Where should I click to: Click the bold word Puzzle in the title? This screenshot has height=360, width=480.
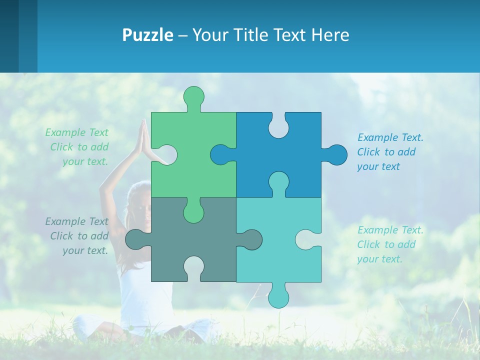pyautogui.click(x=147, y=35)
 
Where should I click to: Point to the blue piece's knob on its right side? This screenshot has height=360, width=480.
pyautogui.click(x=336, y=155)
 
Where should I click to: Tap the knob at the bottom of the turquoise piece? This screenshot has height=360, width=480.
pyautogui.click(x=278, y=296)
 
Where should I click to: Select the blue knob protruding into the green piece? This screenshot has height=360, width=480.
pyautogui.click(x=221, y=155)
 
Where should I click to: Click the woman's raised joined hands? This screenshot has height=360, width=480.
pyautogui.click(x=144, y=137)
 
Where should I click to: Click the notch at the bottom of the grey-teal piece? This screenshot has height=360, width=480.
pyautogui.click(x=193, y=267)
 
